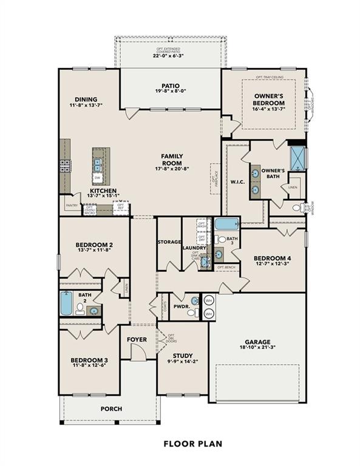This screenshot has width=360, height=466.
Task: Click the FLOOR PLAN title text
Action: (x=192, y=444)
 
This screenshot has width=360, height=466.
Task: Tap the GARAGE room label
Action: (x=258, y=342)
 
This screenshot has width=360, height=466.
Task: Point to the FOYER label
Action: (x=137, y=339)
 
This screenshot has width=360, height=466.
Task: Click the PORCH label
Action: (x=111, y=408)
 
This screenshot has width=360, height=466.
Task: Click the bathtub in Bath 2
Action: (x=66, y=303)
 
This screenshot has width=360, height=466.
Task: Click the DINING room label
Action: (x=86, y=100)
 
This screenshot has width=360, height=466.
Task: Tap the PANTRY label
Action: (x=72, y=206)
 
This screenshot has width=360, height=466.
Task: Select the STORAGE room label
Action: (x=169, y=242)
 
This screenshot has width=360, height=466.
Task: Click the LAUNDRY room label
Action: (x=195, y=248)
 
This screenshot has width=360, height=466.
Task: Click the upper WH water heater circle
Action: (x=208, y=300)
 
